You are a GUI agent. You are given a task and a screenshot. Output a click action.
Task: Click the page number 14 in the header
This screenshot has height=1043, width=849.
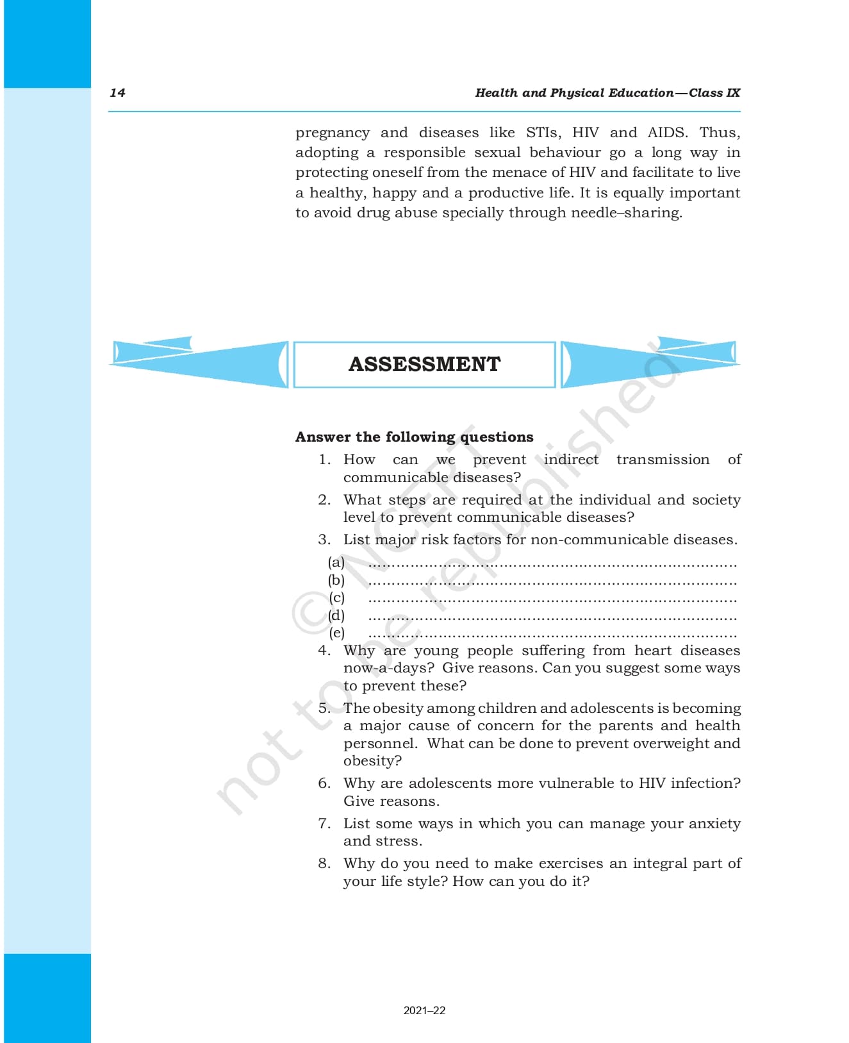[117, 92]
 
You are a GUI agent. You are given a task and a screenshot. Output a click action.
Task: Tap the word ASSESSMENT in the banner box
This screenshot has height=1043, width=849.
[424, 364]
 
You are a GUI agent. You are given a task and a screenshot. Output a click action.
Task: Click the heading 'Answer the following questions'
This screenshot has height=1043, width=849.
[414, 437]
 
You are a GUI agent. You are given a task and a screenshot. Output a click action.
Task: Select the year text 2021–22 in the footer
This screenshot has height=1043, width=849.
[424, 1010]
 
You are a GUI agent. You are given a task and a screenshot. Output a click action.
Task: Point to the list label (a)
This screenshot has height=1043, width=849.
[336, 562]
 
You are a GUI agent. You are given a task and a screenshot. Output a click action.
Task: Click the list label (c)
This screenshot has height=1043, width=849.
[336, 597]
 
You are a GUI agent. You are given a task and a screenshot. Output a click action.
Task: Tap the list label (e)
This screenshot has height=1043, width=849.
[336, 633]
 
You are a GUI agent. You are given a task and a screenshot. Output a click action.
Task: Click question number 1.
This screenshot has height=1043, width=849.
[324, 460]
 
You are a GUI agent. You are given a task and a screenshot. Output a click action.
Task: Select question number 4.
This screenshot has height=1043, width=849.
[324, 651]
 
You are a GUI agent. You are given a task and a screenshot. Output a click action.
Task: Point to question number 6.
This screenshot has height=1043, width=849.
[324, 783]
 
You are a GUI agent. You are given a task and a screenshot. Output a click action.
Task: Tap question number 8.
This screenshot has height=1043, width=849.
[324, 864]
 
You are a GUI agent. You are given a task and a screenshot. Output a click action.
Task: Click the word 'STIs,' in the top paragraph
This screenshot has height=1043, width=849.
[543, 133]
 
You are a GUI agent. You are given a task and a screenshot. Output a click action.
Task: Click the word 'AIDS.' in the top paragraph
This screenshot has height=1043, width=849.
[668, 133]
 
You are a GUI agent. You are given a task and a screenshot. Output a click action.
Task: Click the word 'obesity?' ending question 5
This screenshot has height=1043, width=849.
[372, 761]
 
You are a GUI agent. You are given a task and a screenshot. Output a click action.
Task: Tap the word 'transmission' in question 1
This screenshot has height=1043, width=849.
[663, 460]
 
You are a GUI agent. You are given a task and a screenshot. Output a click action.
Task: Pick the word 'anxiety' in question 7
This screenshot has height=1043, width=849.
[714, 824]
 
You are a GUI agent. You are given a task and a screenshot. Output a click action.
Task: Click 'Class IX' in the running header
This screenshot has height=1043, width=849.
[714, 92]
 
